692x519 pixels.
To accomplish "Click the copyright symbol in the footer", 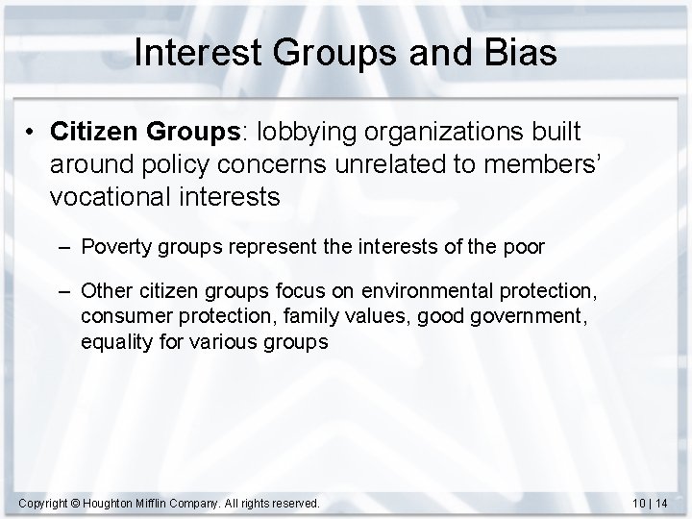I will tap(76, 501).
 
